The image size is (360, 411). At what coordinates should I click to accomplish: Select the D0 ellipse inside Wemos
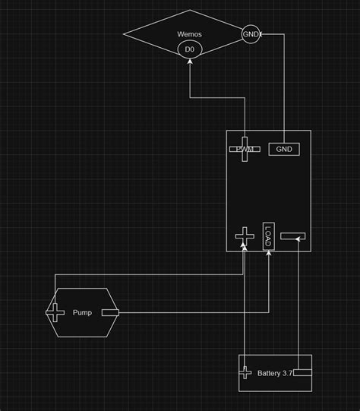190,50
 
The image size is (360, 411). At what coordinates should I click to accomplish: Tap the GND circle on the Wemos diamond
251,34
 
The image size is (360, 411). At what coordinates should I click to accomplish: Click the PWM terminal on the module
244,149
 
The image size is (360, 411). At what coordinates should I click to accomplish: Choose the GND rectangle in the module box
284,149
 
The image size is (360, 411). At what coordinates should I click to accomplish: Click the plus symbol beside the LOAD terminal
244,236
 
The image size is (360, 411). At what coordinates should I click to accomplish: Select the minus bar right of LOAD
293,238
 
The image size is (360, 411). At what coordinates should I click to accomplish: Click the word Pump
83,312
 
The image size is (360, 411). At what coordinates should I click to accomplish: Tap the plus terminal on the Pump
56,311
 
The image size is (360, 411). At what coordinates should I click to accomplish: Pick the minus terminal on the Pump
110,312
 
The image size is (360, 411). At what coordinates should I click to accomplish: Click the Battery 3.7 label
274,373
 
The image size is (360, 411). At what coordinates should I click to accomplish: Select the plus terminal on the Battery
245,373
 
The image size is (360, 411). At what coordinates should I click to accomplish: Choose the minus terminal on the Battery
302,372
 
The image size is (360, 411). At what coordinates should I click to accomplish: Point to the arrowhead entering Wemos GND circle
263,34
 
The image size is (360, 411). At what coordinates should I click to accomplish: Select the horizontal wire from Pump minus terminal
190,312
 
